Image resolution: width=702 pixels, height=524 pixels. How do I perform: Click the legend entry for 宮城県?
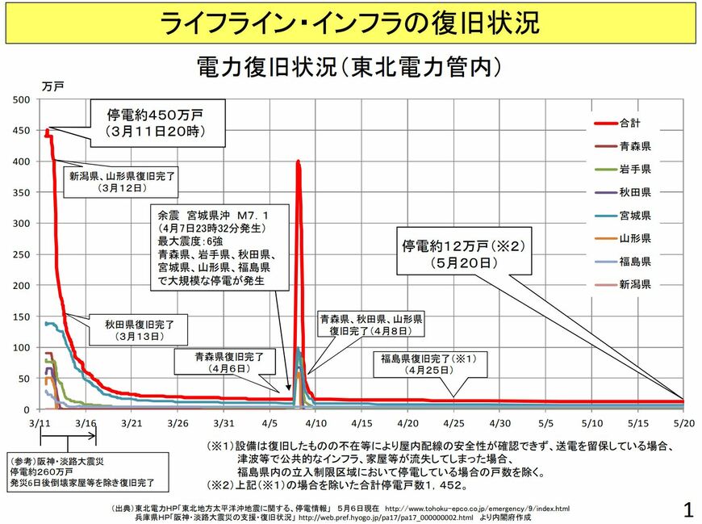point(635,216)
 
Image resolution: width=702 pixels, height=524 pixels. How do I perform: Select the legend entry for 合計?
point(630,124)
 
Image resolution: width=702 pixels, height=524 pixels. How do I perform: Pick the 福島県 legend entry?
point(635,262)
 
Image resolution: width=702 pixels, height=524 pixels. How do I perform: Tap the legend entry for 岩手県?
point(635,170)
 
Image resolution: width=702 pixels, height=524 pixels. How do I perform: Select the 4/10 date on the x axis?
point(315,423)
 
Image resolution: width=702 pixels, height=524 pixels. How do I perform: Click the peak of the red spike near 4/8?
point(299,161)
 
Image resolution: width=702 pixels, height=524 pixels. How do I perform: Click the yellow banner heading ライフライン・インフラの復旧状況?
point(350,23)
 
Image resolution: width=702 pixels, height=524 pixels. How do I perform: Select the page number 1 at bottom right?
point(687,509)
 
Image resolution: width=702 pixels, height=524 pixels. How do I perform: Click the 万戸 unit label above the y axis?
point(52,86)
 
